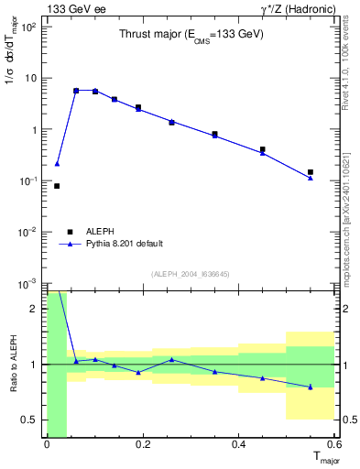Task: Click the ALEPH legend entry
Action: [101, 232]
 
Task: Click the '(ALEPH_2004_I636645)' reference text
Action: [191, 274]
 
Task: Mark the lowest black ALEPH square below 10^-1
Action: [57, 186]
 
